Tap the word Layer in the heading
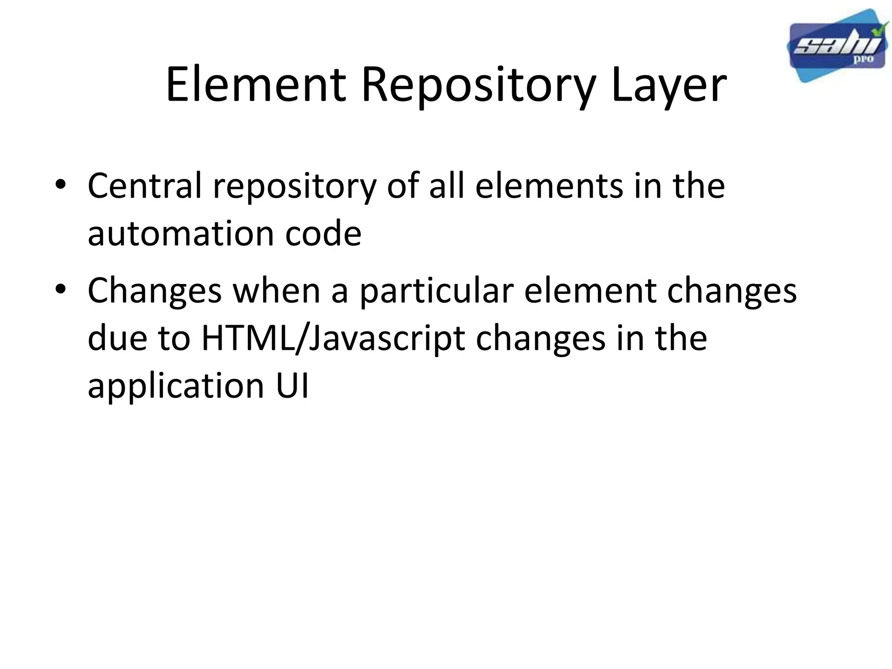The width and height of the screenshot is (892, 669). pos(668,85)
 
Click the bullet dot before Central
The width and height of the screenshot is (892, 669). pos(61,185)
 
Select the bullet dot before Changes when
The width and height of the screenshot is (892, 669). pos(61,290)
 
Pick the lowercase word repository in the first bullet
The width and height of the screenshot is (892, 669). pos(294,187)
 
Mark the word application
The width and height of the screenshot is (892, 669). pos(176,387)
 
